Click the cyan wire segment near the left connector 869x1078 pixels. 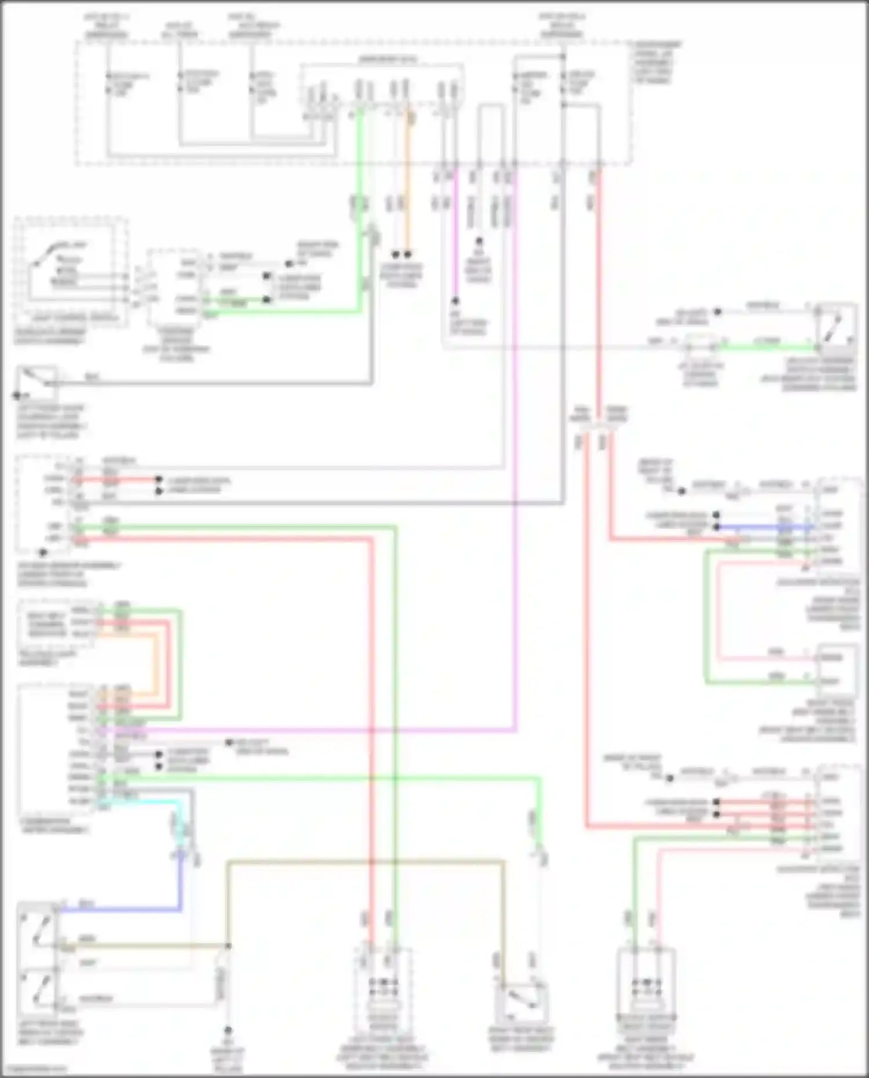pos(151,803)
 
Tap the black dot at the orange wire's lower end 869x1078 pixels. pos(408,254)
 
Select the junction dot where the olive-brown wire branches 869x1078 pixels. pos(228,946)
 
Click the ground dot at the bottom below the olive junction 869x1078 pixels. pos(228,1031)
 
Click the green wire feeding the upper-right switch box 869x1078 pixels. pos(765,348)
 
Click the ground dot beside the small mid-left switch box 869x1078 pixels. pos(17,396)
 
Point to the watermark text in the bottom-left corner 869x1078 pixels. pos(35,1069)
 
